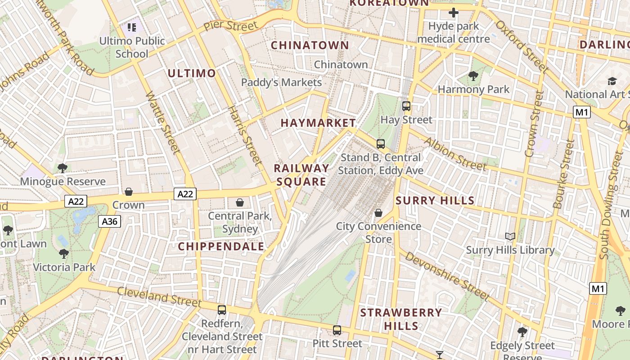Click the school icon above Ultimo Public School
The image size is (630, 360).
pos(132,27)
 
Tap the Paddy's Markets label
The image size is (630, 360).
pos(282,82)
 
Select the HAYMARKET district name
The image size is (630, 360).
pos(318,123)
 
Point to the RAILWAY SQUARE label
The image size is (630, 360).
pos(301,175)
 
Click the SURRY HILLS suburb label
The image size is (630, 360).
pos(435,201)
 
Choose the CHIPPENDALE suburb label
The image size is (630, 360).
pos(221,247)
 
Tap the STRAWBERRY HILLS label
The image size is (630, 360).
pos(401,319)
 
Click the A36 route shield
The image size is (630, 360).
pos(109,221)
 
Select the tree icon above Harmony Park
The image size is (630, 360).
pos(473,76)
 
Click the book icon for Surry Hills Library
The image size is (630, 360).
pos(510,237)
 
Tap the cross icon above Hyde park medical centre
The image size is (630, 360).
pos(453,13)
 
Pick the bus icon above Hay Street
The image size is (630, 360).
pos(406,106)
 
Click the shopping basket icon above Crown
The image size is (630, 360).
pos(129,192)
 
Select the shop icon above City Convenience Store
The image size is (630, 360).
pos(378,213)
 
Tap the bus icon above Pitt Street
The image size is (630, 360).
pos(337,330)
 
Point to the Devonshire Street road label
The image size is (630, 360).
pos(446,276)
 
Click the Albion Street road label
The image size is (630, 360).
pos(455,154)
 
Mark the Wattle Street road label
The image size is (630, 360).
pos(162,122)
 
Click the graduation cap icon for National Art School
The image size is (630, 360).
pos(612,81)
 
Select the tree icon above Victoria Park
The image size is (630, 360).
pos(64,254)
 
